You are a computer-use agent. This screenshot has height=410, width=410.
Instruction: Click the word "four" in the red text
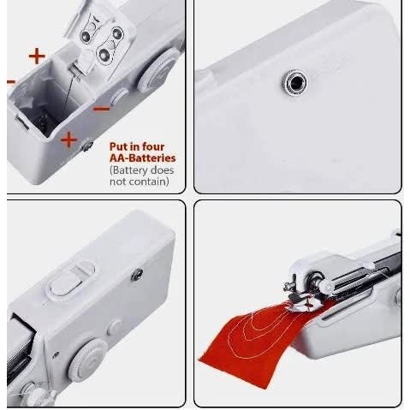153,146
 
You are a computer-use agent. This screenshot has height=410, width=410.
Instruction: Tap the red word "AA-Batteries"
142,158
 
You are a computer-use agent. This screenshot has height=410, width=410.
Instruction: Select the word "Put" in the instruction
118,146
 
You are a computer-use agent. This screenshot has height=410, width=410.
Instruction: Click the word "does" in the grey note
162,170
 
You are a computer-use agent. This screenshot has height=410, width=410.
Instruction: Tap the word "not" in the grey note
118,182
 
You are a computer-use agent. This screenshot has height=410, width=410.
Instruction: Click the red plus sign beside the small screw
68,140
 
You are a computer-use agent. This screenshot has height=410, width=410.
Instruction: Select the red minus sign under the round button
101,109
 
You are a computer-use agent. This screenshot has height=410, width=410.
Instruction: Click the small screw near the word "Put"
87,145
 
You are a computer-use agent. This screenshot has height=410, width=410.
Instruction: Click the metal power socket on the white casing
296,83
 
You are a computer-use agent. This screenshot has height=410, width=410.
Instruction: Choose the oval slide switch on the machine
71,280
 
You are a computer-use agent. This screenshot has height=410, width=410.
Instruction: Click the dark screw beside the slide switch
137,275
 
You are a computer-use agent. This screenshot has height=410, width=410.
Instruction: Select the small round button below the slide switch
115,327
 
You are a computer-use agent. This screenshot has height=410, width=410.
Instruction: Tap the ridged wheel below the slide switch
87,360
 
